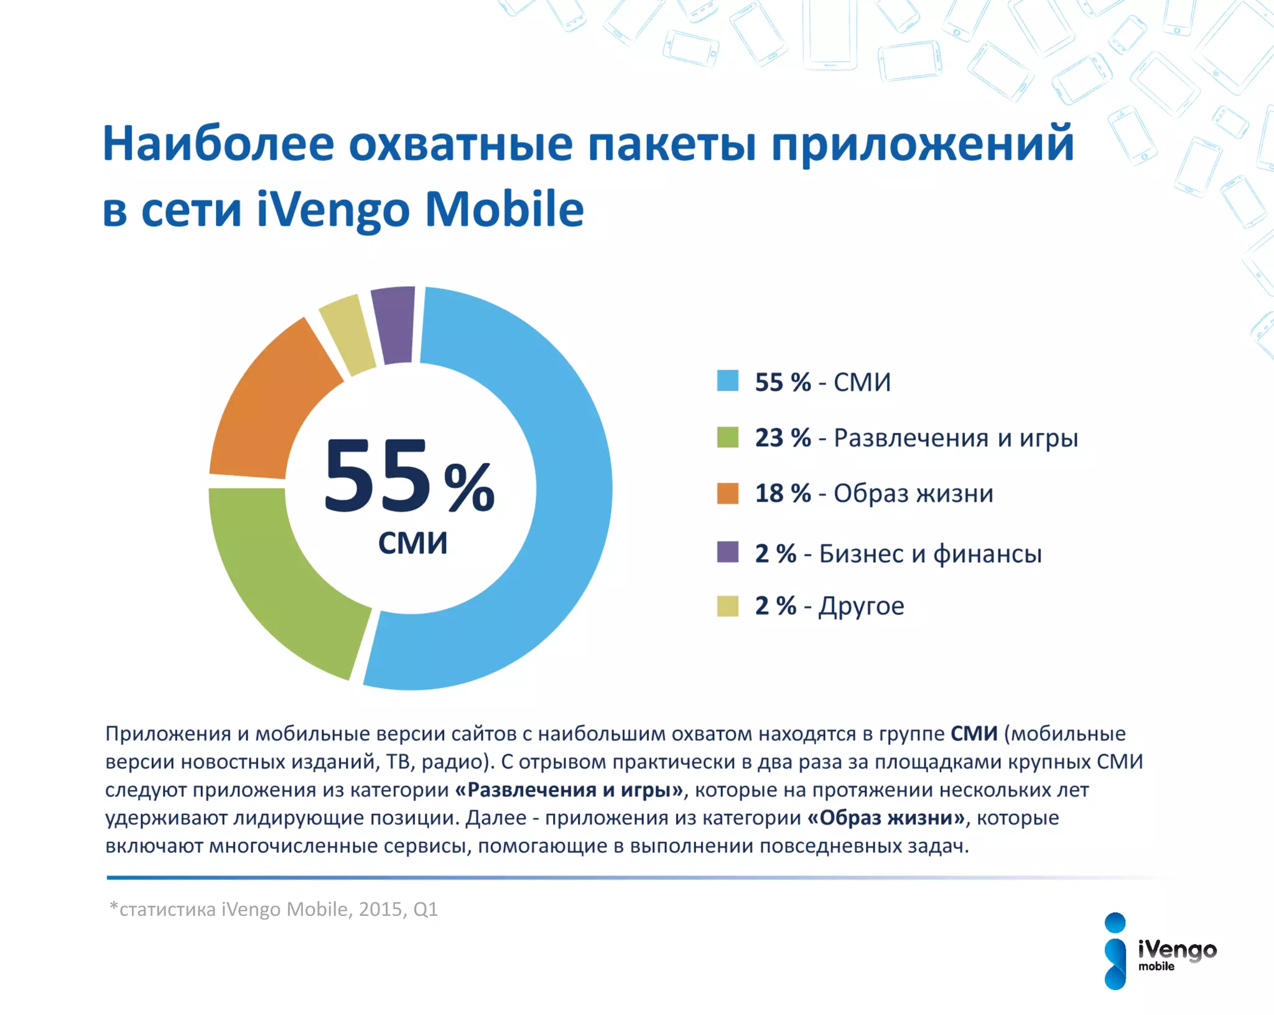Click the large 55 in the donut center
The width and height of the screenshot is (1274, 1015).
(x=377, y=476)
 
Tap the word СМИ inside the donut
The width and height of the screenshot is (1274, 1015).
(x=412, y=543)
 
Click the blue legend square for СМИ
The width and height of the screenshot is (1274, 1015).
(x=727, y=381)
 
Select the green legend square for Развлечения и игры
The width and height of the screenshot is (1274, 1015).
(x=727, y=437)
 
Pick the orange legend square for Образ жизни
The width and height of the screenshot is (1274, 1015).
(x=727, y=493)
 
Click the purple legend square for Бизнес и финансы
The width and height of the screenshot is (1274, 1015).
(x=727, y=552)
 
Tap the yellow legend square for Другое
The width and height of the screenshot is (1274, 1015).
(x=727, y=606)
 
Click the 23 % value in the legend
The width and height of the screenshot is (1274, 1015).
(x=783, y=437)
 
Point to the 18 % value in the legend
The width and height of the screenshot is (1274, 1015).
(x=783, y=493)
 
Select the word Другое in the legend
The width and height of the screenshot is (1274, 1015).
(x=861, y=606)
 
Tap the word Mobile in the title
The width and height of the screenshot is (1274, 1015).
(x=504, y=210)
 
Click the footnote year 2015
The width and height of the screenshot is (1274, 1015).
(x=381, y=909)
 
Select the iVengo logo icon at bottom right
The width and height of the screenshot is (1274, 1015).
(x=1115, y=951)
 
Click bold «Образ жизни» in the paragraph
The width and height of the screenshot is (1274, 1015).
(x=886, y=818)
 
